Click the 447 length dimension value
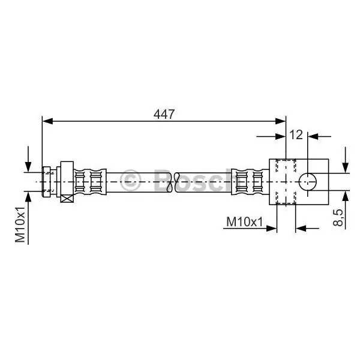164,114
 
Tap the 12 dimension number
296,135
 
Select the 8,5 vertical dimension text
338,218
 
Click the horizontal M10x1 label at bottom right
244,222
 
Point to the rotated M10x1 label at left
20,224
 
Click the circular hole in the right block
308,182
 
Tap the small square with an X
67,199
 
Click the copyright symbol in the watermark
130,181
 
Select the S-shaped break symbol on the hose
173,182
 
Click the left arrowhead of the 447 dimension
47,121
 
